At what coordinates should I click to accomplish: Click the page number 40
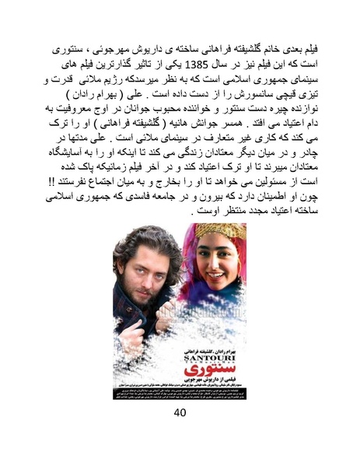coord(180,412)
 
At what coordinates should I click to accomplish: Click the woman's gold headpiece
coord(221,231)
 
